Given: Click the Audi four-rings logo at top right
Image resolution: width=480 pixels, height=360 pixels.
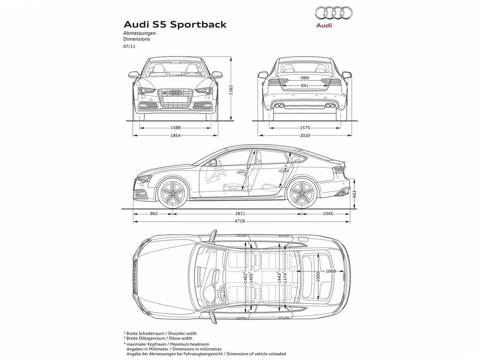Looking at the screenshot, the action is (x=333, y=13).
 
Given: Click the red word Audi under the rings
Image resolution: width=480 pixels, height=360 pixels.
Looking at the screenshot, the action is (x=324, y=25).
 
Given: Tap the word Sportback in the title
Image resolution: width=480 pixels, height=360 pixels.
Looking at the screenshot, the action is (x=198, y=24).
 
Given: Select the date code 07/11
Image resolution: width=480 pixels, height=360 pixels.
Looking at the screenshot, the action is (x=129, y=46).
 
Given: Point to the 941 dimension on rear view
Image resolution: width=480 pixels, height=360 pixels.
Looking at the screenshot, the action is (x=304, y=86).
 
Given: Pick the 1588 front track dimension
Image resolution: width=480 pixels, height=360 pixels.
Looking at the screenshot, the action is (x=175, y=127).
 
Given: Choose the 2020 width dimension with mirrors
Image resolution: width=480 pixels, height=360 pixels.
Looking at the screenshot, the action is (x=305, y=135).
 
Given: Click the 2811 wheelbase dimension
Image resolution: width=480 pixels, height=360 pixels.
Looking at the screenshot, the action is (x=240, y=214).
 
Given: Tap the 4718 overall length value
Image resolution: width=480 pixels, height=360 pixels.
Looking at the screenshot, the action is (x=240, y=221).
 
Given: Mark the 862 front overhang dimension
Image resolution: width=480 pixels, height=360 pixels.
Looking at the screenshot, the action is (x=154, y=214).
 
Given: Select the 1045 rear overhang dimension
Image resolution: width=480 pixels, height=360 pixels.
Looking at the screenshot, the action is (x=328, y=214).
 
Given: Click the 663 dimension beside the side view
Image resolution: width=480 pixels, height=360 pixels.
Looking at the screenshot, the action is (x=354, y=195).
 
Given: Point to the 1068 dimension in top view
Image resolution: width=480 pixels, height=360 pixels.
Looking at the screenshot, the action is (x=330, y=271).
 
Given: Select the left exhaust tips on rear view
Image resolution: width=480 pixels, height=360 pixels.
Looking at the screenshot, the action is (x=279, y=106).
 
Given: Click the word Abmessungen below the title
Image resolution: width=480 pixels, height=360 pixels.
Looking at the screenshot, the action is (x=140, y=33).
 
